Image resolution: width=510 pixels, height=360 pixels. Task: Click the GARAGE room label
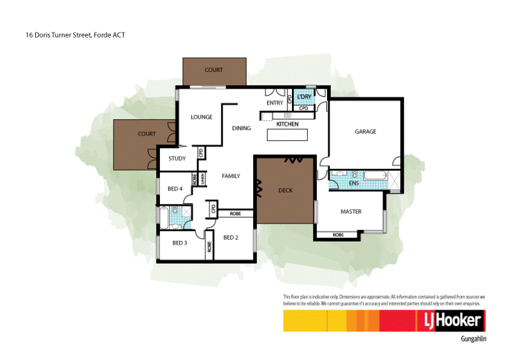tap(365, 132)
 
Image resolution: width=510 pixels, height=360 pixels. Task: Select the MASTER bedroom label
tap(351, 212)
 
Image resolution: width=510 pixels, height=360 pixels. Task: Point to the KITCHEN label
tap(288, 124)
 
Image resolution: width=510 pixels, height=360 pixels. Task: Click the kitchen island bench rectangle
tap(287, 135)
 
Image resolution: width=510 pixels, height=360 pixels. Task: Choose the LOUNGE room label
tap(201, 117)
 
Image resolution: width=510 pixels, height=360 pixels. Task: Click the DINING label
tap(242, 128)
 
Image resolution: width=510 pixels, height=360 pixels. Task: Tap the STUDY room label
tap(177, 159)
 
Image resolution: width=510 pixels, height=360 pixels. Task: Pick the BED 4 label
tap(175, 189)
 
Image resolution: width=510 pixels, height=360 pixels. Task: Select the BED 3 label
tap(179, 243)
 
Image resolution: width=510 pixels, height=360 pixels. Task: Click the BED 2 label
tap(230, 238)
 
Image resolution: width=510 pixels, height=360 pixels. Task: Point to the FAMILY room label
tap(230, 176)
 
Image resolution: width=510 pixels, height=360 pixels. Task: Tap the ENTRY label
tap(275, 103)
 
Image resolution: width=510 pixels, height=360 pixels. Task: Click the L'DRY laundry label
tap(303, 97)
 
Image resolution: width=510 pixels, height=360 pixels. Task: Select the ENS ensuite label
tap(354, 184)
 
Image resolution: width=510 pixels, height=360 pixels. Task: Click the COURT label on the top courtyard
tap(214, 70)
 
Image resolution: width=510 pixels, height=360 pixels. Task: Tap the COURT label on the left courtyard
tap(147, 134)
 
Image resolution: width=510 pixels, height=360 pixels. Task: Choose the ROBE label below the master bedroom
tap(338, 235)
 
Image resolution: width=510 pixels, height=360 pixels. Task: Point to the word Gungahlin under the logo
tap(473, 339)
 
